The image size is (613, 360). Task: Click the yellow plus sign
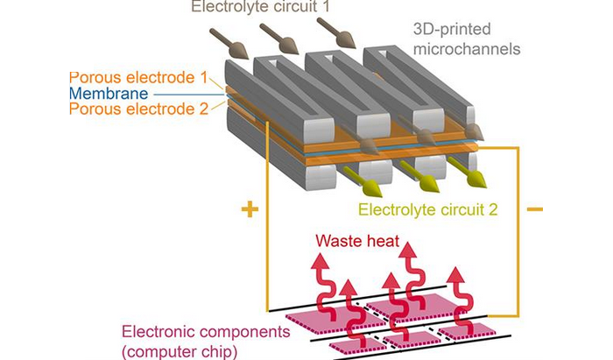pos(250,210)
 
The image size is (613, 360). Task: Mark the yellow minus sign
pos(534,209)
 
